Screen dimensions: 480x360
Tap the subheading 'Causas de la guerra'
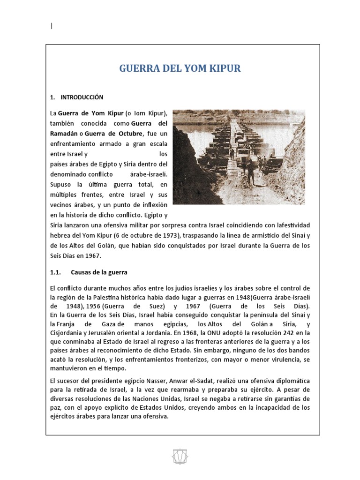[99, 272]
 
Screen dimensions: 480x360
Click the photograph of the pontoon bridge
[239, 157]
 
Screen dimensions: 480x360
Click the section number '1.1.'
[56, 272]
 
